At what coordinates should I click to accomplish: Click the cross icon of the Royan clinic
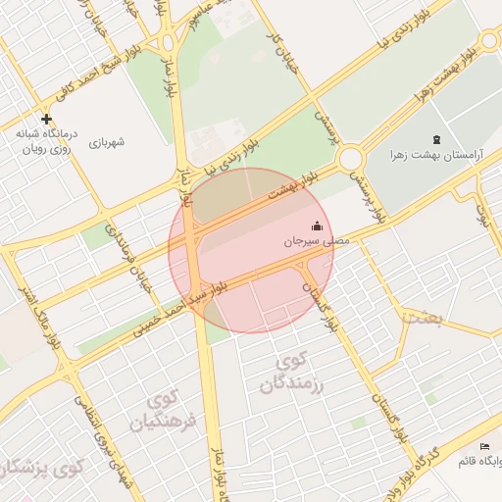click(46, 118)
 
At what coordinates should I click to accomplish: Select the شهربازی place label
click(107, 142)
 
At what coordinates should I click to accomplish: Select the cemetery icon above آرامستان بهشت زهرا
click(436, 138)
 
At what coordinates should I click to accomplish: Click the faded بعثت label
click(424, 317)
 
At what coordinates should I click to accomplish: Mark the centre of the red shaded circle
click(251, 250)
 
